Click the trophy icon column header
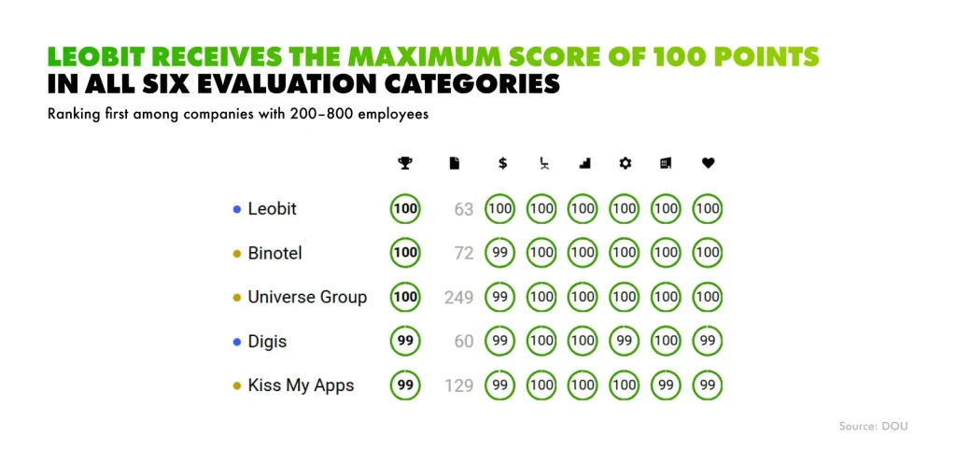click(x=404, y=163)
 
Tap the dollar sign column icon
click(x=502, y=163)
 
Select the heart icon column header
click(x=708, y=163)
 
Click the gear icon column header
click(x=625, y=163)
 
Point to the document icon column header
click(x=455, y=163)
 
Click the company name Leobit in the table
click(x=272, y=209)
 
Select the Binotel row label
click(x=274, y=253)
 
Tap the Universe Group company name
click(x=307, y=298)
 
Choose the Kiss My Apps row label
click(x=301, y=386)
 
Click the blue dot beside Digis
click(x=237, y=342)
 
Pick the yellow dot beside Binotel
click(x=237, y=254)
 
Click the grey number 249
click(x=458, y=298)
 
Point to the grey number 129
click(x=458, y=386)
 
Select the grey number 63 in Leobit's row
click(x=464, y=209)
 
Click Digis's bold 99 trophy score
click(x=405, y=342)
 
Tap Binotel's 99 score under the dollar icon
click(x=500, y=253)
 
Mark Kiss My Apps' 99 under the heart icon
click(x=708, y=386)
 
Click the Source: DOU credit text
click(x=873, y=426)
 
